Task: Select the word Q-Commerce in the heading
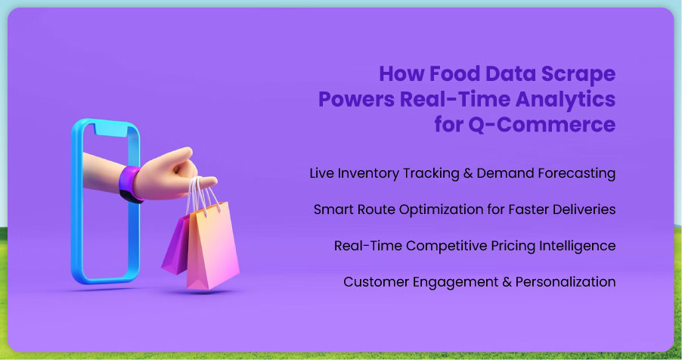tap(541, 125)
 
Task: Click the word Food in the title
tap(454, 73)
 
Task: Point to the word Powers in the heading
tap(356, 99)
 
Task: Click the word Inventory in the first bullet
tap(368, 173)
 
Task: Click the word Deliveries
tap(584, 209)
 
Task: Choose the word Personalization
tap(566, 282)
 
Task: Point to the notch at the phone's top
tap(111, 129)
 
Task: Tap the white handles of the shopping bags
tap(200, 196)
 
